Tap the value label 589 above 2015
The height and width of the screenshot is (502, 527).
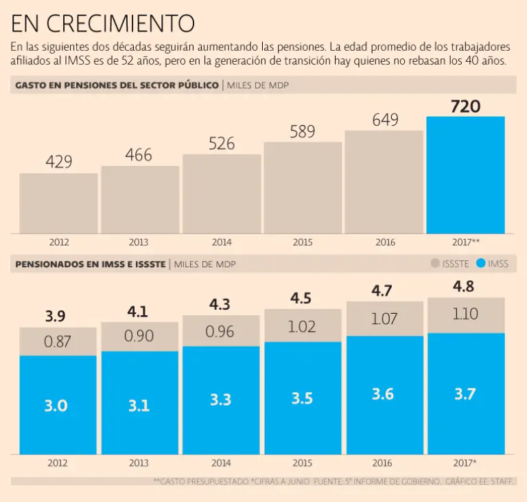(303, 132)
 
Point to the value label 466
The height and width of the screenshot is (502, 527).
(139, 155)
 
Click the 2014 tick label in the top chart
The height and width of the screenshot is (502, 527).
(221, 242)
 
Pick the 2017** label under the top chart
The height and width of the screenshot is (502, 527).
(466, 242)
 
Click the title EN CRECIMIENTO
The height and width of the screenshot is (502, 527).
(103, 24)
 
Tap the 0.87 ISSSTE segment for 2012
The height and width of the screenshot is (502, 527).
(58, 341)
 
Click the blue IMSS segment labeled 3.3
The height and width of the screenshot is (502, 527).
(220, 400)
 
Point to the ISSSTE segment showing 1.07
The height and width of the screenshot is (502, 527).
(384, 319)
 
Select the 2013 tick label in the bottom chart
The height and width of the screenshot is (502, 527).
(139, 463)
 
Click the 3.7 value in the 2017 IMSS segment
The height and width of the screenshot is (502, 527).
(466, 394)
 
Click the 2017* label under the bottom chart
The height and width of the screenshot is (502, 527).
(466, 463)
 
